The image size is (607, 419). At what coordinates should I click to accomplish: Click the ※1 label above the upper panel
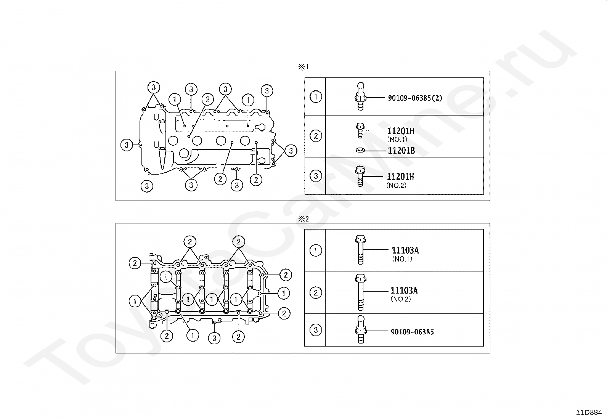pyautogui.click(x=303, y=66)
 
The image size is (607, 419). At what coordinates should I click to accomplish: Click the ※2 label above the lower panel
pyautogui.click(x=303, y=219)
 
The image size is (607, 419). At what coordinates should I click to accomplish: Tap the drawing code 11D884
pyautogui.click(x=589, y=412)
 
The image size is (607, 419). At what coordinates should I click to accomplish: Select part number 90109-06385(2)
pyautogui.click(x=415, y=98)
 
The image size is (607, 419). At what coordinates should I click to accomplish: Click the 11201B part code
pyautogui.click(x=401, y=151)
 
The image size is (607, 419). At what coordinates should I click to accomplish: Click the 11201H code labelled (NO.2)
pyautogui.click(x=400, y=177)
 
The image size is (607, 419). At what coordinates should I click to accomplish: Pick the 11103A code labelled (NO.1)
pyautogui.click(x=405, y=250)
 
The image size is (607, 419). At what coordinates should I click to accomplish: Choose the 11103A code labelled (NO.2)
pyautogui.click(x=404, y=291)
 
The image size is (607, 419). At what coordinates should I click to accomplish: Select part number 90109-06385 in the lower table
pyautogui.click(x=412, y=332)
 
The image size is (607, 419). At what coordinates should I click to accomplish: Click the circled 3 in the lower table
pyautogui.click(x=316, y=330)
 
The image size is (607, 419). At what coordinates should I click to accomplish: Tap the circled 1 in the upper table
pyautogui.click(x=316, y=97)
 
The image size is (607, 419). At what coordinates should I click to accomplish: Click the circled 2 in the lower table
pyautogui.click(x=316, y=293)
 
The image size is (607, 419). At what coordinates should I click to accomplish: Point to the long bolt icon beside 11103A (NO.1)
pyautogui.click(x=360, y=250)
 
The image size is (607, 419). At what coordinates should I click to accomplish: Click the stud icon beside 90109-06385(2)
pyautogui.click(x=360, y=96)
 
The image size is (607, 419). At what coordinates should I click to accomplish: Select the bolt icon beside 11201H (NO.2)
pyautogui.click(x=360, y=177)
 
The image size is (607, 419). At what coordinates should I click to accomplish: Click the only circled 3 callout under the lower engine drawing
pyautogui.click(x=214, y=338)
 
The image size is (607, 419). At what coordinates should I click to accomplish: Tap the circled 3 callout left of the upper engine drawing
pyautogui.click(x=127, y=145)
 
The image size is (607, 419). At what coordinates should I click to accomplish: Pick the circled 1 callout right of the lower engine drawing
pyautogui.click(x=284, y=293)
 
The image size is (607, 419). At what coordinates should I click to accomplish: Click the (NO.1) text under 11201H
pyautogui.click(x=397, y=139)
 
